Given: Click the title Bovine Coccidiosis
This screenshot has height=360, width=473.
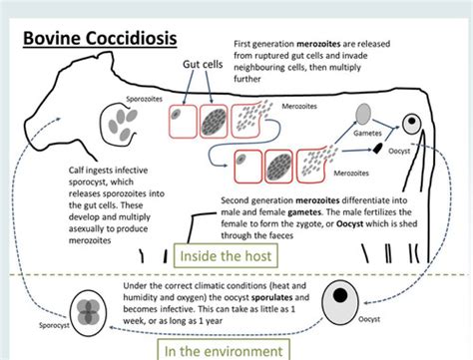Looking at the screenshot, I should (x=101, y=39).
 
